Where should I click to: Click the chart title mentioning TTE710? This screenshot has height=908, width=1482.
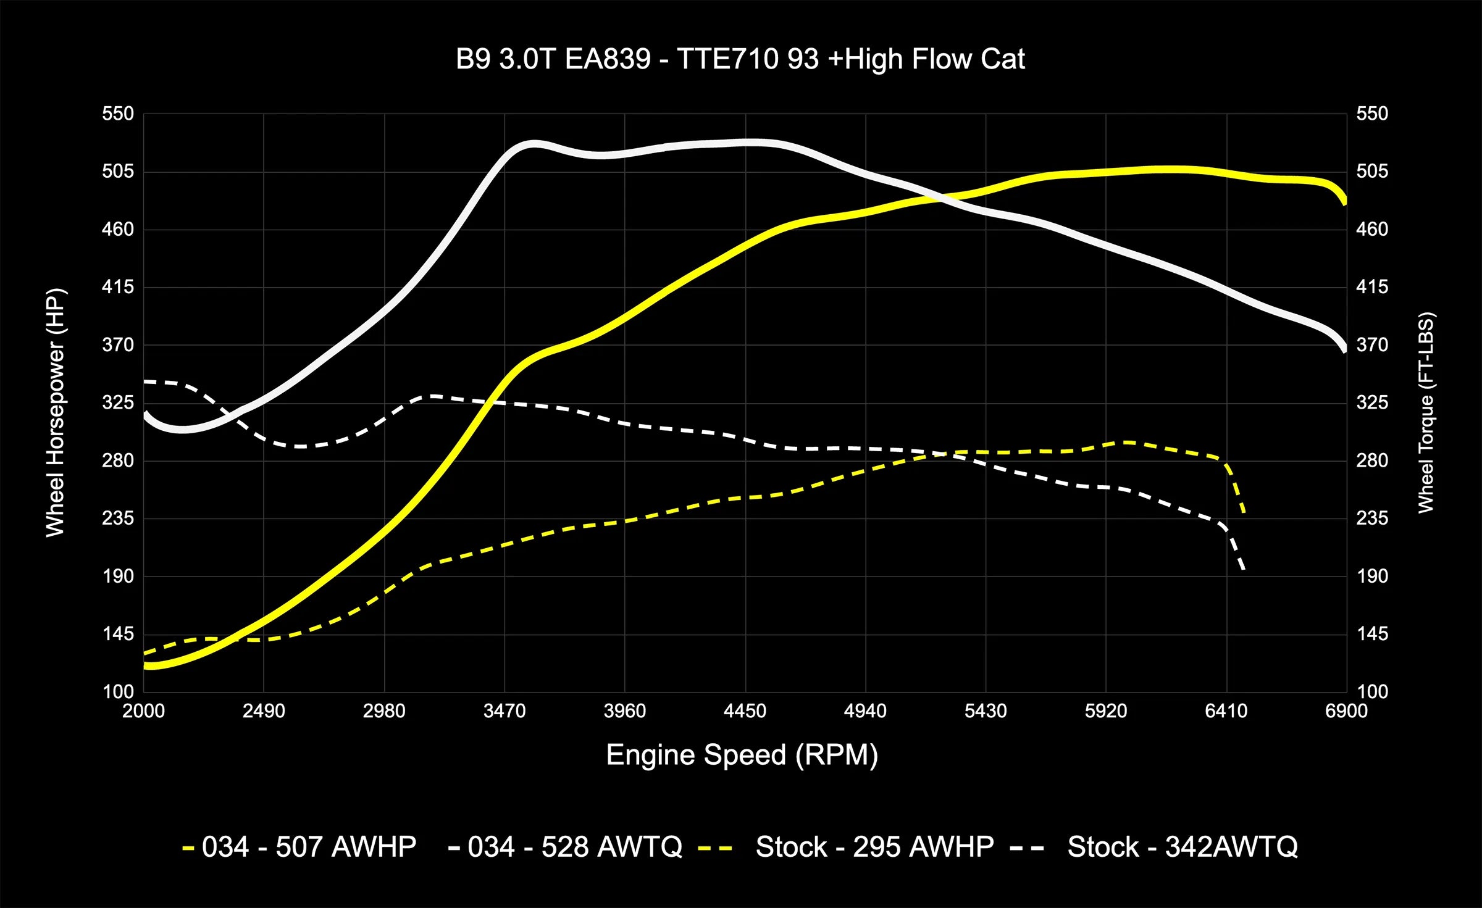click(740, 59)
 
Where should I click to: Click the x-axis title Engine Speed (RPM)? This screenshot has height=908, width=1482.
click(742, 755)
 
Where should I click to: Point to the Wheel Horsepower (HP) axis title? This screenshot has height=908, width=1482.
click(56, 412)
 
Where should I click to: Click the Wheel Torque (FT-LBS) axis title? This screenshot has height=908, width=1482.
click(1426, 412)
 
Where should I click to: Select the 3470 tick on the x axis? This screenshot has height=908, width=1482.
click(504, 711)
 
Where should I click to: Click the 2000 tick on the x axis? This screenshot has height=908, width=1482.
click(143, 711)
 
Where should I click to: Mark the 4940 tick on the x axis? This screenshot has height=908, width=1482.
click(865, 711)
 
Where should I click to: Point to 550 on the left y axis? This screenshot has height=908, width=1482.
click(118, 114)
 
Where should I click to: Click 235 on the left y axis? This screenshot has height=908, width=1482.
click(118, 518)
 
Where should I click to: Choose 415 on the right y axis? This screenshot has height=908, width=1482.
click(1372, 287)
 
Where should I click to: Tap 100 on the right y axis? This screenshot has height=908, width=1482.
click(1372, 691)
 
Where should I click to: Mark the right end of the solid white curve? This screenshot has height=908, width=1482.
click(1345, 350)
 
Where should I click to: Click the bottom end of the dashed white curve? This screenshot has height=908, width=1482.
click(1244, 569)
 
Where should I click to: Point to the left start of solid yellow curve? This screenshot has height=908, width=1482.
click(145, 665)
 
